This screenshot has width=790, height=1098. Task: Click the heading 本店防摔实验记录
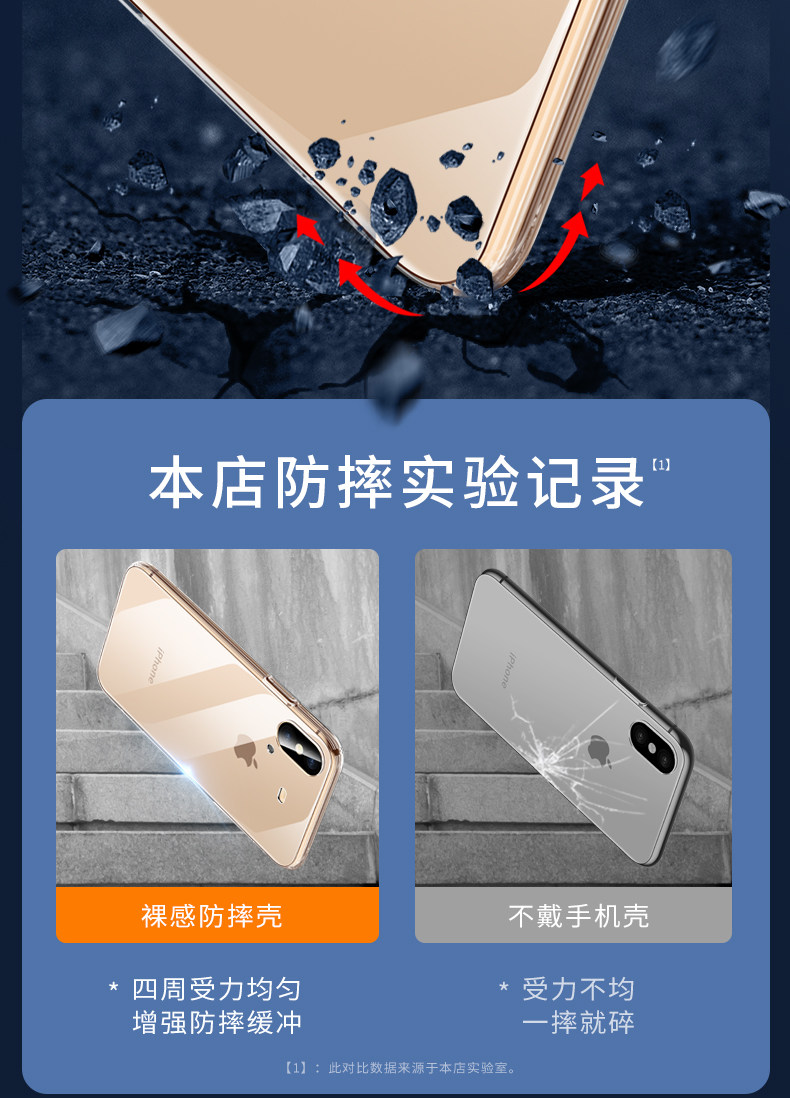[x=396, y=482]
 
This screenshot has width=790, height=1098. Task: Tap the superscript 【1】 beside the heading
[x=660, y=464]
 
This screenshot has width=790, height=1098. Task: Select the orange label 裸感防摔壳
[x=212, y=916]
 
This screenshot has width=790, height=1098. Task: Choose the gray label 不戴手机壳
[x=578, y=916]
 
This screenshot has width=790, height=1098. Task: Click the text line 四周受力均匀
[x=217, y=989]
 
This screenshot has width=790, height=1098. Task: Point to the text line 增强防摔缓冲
[x=217, y=1023]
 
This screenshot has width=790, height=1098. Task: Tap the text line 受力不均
[x=578, y=989]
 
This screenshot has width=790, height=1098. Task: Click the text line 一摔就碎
[x=578, y=1023]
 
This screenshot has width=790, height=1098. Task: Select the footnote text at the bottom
[x=400, y=1068]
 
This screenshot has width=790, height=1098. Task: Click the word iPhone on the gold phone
[x=155, y=665]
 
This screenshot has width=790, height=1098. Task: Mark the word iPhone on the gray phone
[x=511, y=670]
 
